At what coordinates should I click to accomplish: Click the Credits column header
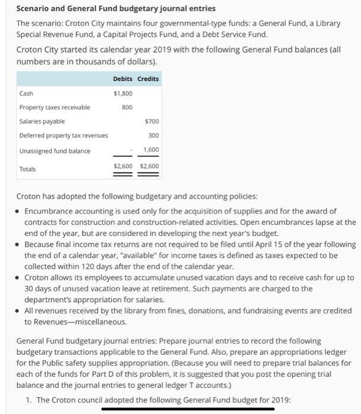click(x=148, y=79)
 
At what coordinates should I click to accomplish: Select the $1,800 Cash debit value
click(x=123, y=93)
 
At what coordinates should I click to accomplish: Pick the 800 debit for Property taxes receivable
click(x=127, y=107)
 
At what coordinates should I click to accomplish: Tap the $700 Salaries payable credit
click(x=152, y=121)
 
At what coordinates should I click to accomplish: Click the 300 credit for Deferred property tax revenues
click(x=153, y=135)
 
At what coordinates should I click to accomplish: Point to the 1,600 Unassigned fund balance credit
click(x=152, y=150)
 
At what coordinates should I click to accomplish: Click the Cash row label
click(x=26, y=93)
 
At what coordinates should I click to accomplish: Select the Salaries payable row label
click(x=42, y=121)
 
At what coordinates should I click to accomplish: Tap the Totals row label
click(x=28, y=169)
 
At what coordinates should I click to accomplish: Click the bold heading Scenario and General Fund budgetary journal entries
click(x=116, y=9)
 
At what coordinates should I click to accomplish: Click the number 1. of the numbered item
click(x=30, y=400)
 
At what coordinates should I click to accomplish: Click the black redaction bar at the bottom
click(x=188, y=409)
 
